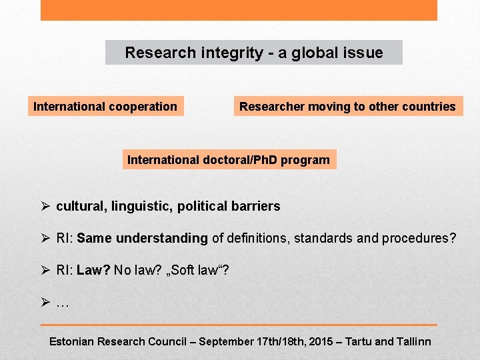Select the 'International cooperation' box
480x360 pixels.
[x=105, y=106]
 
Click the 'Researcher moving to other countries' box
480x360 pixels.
[x=347, y=106]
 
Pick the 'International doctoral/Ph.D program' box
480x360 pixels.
[x=229, y=159]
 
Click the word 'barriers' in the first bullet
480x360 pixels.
[x=256, y=206]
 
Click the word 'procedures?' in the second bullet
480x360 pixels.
[x=419, y=238]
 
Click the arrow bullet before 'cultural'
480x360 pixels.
[x=45, y=206]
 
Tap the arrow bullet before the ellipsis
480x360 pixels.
[x=45, y=302]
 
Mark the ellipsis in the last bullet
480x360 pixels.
[x=63, y=304]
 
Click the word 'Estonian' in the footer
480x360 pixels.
[x=71, y=341]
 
